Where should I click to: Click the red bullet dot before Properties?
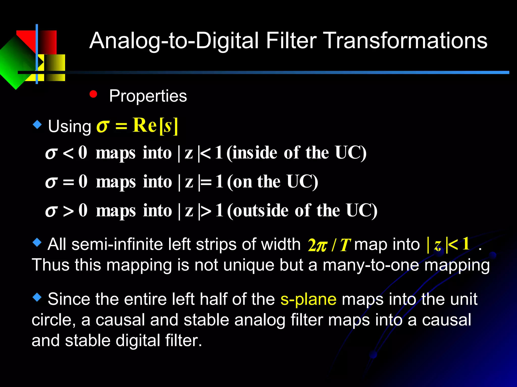point(93,94)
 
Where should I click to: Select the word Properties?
point(148,96)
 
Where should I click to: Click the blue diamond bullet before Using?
point(37,125)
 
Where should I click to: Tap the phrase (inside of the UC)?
point(296,153)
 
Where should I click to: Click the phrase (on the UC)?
point(272,182)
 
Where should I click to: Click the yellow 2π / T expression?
point(329,245)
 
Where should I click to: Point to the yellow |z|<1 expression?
point(448,244)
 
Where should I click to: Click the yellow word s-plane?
point(308,299)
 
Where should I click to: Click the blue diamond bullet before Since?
point(37,298)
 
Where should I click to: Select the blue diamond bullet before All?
point(37,243)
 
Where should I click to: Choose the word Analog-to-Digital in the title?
point(174,41)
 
